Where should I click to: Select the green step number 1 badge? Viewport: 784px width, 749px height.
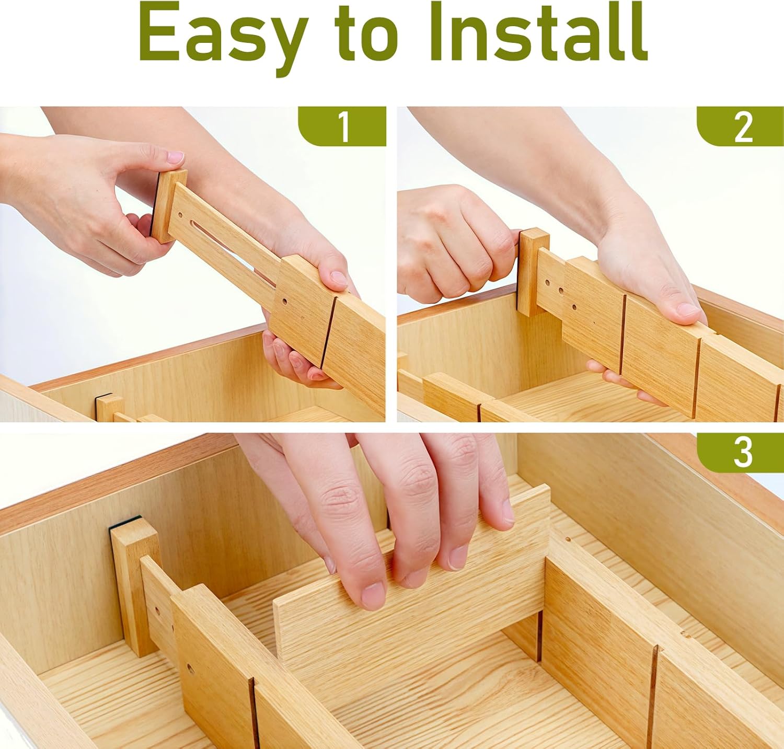(342, 126)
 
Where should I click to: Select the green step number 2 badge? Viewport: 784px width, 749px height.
(740, 126)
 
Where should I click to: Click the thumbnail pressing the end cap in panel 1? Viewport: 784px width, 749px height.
(175, 158)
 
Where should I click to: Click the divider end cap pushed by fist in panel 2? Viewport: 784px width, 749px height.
(533, 272)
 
